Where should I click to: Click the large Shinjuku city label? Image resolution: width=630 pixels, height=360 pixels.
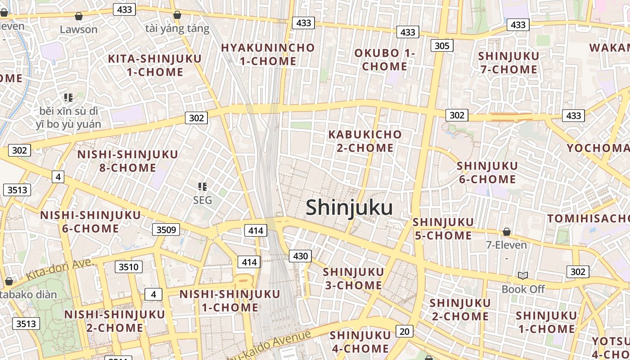[x=349, y=208]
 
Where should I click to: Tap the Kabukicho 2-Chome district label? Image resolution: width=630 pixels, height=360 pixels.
[x=365, y=141]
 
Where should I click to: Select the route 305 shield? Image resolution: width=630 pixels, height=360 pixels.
[x=442, y=45]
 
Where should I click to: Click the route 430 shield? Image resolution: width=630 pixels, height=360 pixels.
[x=300, y=256]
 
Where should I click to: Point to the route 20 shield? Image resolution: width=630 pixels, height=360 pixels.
[x=405, y=332]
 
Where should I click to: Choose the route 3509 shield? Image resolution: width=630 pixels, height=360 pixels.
[x=166, y=230]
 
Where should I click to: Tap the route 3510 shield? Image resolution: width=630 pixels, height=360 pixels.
[x=128, y=267]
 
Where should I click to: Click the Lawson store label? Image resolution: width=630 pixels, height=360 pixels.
[x=79, y=30]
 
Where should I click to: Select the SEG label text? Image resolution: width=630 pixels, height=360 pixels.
[x=202, y=200]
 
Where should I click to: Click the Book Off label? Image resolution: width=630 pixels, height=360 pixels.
[x=523, y=289]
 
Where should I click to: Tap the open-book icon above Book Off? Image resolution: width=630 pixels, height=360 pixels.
[x=523, y=275]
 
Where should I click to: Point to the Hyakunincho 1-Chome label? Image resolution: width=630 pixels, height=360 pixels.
[x=268, y=54]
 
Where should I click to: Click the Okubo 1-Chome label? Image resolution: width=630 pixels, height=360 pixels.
[x=385, y=59]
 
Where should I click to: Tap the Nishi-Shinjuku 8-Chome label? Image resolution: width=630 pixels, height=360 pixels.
[x=128, y=161]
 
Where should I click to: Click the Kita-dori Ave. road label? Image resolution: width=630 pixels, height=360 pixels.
[x=59, y=269]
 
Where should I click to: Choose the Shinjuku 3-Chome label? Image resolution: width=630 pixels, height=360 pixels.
[x=353, y=279]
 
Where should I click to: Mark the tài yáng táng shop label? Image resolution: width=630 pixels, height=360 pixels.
[x=177, y=29]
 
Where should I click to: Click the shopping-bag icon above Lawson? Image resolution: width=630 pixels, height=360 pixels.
[x=79, y=17]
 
